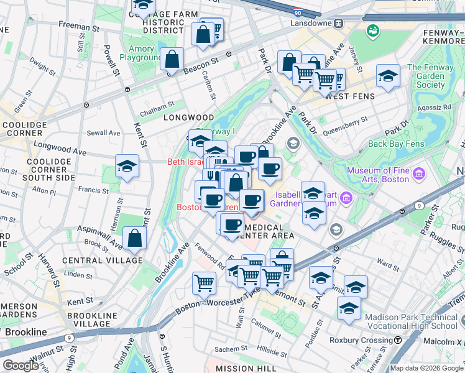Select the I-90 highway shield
tap(299, 12)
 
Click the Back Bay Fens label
tap(392, 144)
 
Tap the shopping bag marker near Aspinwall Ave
tap(134, 239)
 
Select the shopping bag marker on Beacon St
tap(172, 60)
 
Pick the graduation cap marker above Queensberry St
tap(388, 76)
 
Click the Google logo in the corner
tap(21, 366)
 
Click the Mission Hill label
tap(241, 369)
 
